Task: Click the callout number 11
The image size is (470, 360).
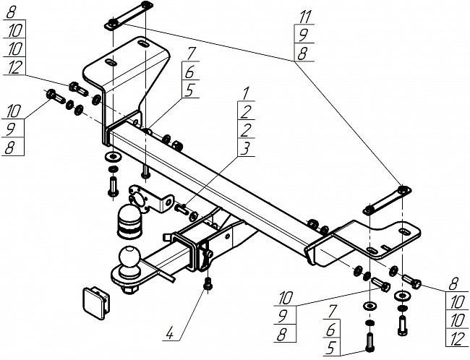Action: click(x=306, y=17)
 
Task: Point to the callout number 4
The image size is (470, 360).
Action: click(x=170, y=333)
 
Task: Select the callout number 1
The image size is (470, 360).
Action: click(x=246, y=93)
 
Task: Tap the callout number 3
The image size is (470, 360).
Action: click(x=246, y=147)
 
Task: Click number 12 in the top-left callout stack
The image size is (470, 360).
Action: click(x=14, y=67)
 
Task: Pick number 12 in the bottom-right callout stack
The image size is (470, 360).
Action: click(x=456, y=338)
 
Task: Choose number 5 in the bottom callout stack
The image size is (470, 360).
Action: click(x=330, y=348)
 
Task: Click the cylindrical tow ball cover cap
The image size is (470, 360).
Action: click(x=129, y=221)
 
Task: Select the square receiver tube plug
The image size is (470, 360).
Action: click(x=95, y=302)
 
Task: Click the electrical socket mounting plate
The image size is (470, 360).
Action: click(x=150, y=199)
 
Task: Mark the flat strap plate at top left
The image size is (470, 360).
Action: click(x=129, y=15)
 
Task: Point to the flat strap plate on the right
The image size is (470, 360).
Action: click(x=387, y=200)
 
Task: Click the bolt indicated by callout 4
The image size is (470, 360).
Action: click(x=208, y=283)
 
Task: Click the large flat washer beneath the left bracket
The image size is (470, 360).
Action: click(x=113, y=156)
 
